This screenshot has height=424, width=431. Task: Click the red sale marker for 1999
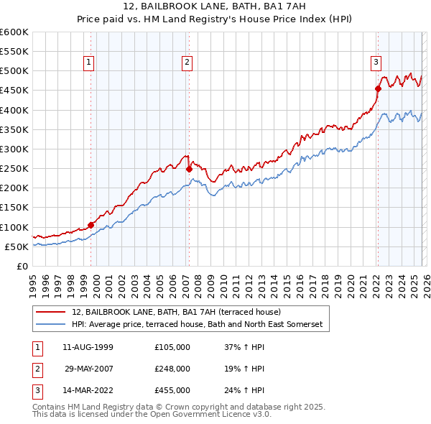[x=91, y=225]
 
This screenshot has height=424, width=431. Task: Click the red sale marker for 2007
[x=189, y=170]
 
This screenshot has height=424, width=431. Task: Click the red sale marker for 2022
[x=377, y=89]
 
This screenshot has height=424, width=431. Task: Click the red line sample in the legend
[x=52, y=313]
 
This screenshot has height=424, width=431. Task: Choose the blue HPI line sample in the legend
[x=52, y=325]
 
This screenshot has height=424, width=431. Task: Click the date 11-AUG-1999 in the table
[x=88, y=347]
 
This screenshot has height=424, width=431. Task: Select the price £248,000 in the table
[x=172, y=369]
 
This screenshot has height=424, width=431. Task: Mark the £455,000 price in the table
[x=172, y=390]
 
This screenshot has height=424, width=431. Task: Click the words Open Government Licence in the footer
[x=203, y=415]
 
